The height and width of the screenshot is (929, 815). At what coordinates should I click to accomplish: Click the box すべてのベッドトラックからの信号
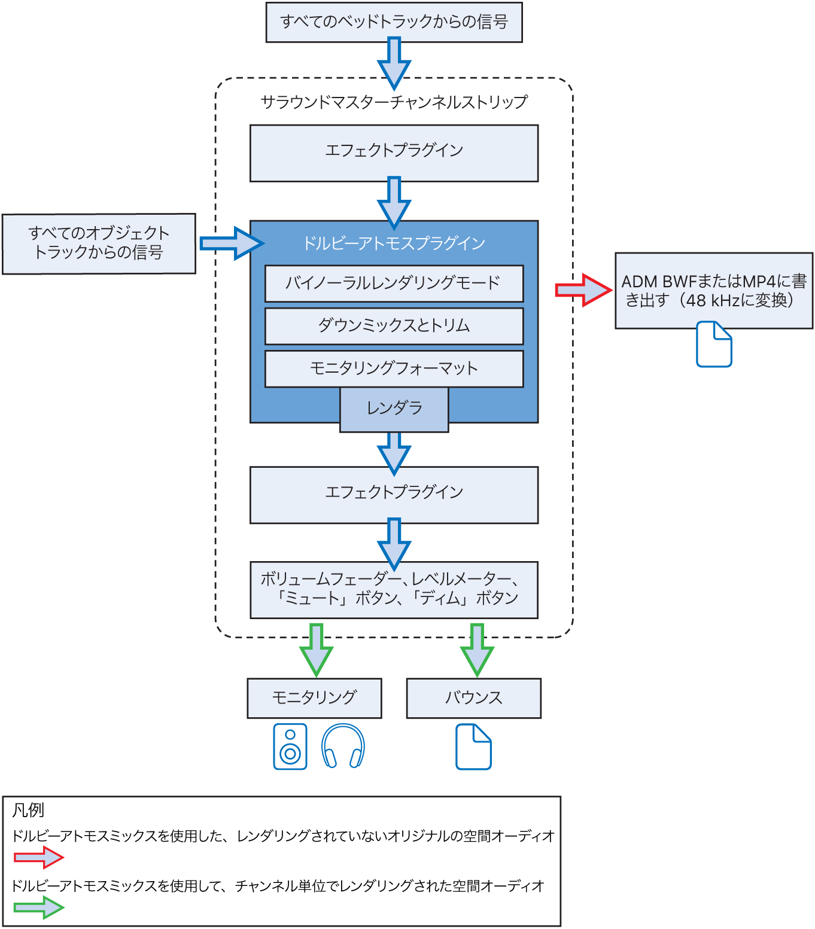[x=394, y=22]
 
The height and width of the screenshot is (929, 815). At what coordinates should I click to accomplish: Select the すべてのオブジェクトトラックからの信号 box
[x=99, y=243]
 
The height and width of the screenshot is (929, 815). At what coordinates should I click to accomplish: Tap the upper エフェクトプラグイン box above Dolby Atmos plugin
[x=394, y=152]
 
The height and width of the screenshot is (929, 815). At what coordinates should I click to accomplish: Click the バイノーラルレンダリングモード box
[x=394, y=284]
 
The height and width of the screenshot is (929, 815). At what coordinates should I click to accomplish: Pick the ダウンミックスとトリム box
[x=394, y=326]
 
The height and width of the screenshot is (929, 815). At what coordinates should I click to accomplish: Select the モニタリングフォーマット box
[x=394, y=368]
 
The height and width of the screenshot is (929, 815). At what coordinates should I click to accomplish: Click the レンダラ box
[x=394, y=409]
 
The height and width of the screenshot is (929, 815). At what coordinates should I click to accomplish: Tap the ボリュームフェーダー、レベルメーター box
[x=394, y=590]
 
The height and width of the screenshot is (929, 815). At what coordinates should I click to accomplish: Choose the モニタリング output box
[x=314, y=697]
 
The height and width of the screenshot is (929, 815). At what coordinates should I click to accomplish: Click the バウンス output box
[x=473, y=697]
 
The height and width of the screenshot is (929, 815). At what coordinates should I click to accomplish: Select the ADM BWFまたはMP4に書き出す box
[x=713, y=290]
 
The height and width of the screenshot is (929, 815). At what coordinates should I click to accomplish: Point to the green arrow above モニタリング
[x=316, y=650]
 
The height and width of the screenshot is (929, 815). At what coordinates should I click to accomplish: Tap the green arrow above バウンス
[x=477, y=650]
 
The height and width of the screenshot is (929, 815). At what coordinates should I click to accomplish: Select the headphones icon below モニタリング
[x=343, y=747]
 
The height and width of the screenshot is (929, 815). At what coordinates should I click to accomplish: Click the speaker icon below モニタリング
[x=290, y=747]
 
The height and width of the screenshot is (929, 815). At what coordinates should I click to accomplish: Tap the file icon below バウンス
[x=473, y=747]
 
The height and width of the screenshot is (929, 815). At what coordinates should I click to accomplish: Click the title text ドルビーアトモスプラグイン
[x=394, y=243]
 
